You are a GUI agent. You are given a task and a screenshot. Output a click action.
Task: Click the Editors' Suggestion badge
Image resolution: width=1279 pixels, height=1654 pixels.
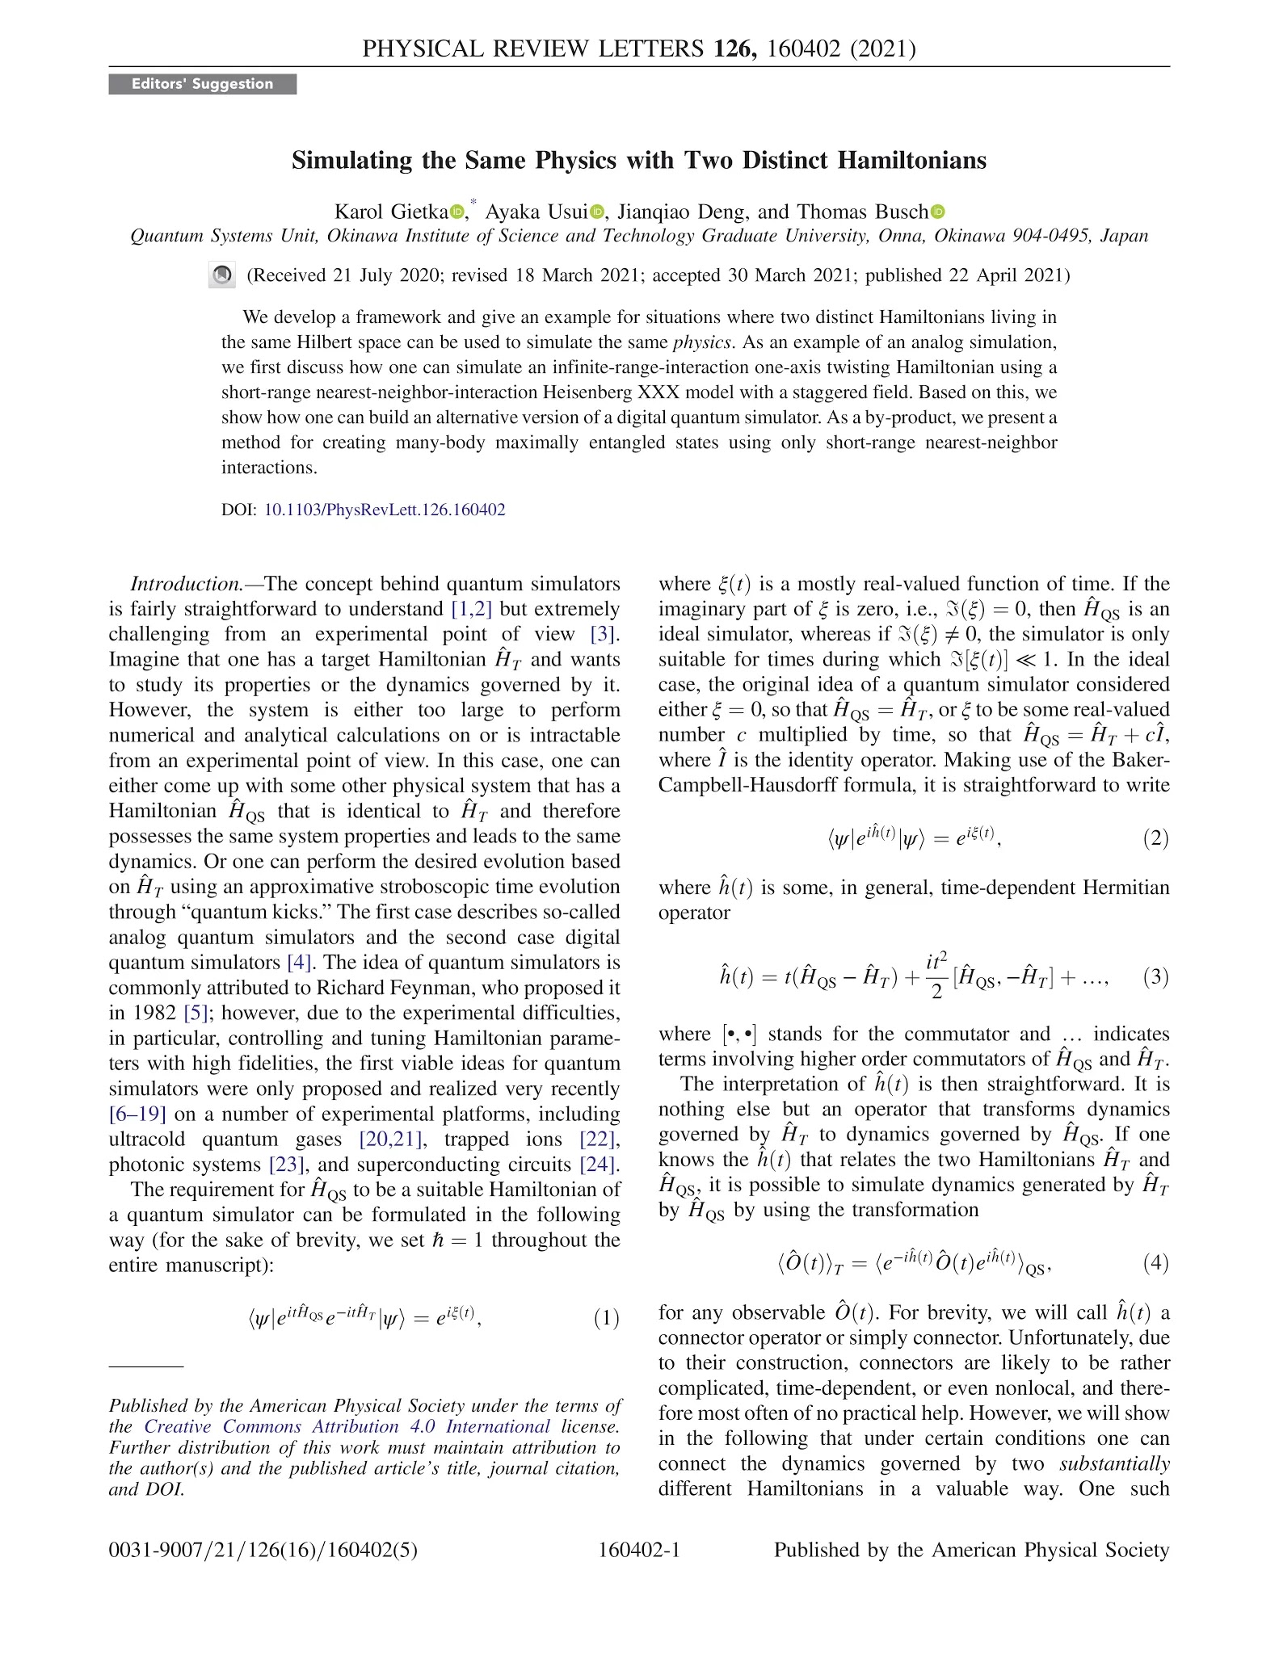coord(202,84)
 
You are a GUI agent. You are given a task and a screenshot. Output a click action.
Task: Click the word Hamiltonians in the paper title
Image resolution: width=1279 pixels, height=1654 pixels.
coord(911,160)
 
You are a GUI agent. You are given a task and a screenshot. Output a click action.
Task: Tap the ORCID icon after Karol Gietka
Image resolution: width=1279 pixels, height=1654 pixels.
coord(458,212)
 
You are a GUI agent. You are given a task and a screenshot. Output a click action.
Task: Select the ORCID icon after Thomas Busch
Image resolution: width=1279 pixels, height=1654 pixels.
coord(937,212)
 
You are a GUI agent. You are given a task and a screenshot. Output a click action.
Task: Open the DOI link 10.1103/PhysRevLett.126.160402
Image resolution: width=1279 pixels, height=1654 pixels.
coord(385,510)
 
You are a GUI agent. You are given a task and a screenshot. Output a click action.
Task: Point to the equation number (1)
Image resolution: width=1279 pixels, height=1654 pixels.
coord(607,1319)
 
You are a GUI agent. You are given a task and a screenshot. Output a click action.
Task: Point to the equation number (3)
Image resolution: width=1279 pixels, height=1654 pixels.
coord(1156,976)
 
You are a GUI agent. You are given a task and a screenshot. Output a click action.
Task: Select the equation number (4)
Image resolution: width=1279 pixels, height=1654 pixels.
coord(1156,1262)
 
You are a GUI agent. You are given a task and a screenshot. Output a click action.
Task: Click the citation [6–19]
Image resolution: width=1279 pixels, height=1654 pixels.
coord(137,1115)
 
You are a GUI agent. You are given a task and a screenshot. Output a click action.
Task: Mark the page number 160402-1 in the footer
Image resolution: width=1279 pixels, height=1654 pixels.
coord(639,1550)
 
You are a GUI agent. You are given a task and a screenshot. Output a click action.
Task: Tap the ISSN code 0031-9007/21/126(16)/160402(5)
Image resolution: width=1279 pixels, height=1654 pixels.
coord(263,1550)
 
